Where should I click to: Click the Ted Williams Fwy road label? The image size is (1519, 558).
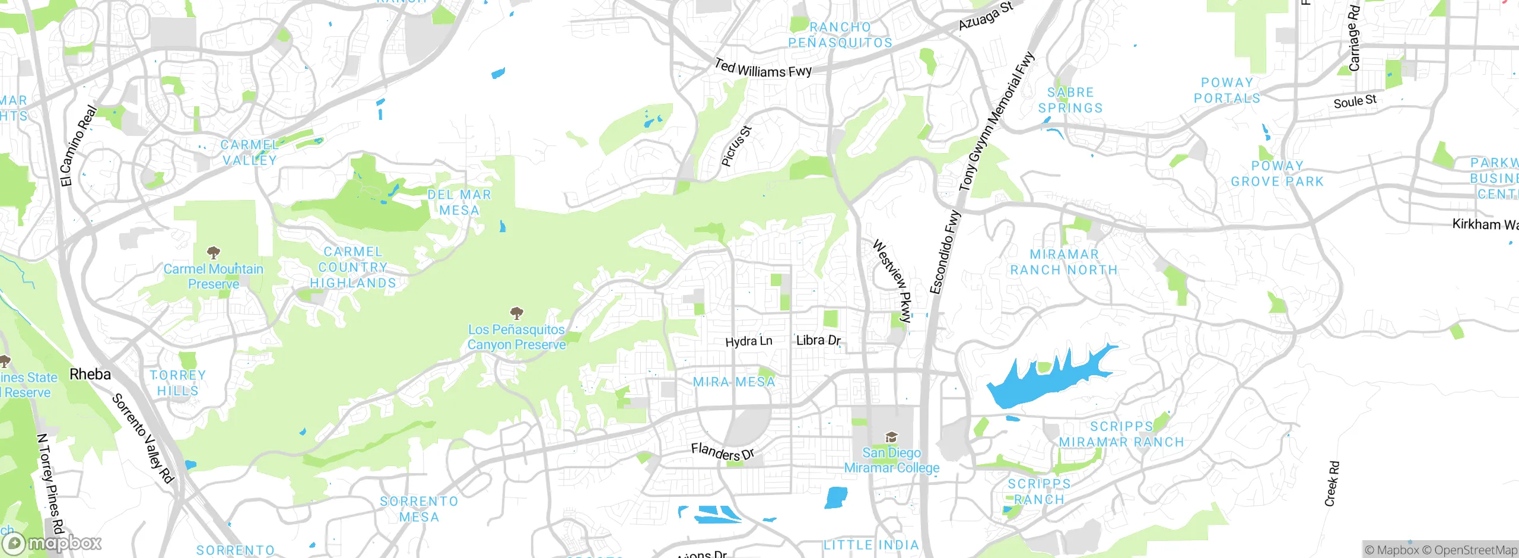[763, 69]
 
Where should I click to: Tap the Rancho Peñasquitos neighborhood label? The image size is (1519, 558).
[840, 35]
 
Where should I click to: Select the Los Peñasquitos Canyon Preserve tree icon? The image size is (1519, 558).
[517, 313]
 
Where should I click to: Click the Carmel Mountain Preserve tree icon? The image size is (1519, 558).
[214, 253]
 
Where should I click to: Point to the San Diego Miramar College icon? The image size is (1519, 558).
[891, 437]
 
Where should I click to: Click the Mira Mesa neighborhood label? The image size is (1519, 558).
[734, 382]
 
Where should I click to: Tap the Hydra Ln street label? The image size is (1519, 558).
[749, 341]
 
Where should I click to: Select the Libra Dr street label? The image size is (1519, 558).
[818, 340]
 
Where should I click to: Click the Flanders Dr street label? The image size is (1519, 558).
[722, 452]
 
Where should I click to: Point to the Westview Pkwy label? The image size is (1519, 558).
[892, 281]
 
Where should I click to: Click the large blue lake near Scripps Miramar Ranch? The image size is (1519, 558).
[1044, 380]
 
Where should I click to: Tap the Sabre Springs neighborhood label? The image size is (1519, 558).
[1070, 100]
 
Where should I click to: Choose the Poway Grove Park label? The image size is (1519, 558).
[1277, 174]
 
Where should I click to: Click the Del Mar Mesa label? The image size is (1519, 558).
[459, 202]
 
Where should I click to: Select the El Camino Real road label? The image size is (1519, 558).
[78, 146]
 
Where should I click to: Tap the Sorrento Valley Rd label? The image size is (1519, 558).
[143, 438]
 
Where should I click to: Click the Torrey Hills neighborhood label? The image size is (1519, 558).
[178, 383]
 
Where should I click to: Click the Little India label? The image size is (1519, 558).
[871, 545]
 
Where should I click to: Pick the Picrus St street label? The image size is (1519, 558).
[736, 146]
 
